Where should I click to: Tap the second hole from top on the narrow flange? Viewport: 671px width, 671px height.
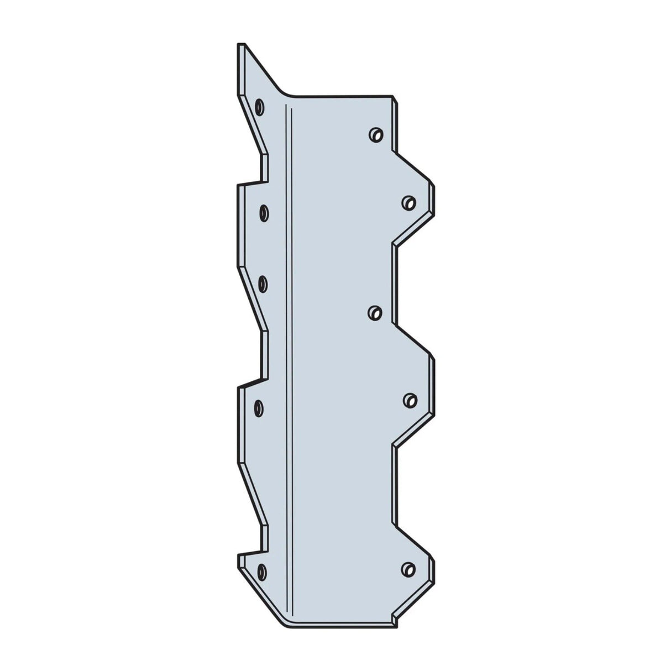click(x=264, y=212)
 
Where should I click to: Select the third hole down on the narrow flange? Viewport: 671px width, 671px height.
click(x=264, y=284)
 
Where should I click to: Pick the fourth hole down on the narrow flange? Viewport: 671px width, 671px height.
click(x=259, y=408)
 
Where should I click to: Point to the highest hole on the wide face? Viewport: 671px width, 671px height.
click(x=375, y=134)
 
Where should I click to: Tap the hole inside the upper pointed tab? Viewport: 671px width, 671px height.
click(x=408, y=203)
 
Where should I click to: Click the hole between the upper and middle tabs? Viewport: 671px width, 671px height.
click(x=375, y=313)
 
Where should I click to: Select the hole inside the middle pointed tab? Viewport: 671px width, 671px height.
click(x=409, y=400)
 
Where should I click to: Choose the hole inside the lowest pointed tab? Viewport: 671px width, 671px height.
click(x=408, y=568)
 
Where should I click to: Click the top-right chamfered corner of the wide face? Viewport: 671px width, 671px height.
click(x=394, y=99)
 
